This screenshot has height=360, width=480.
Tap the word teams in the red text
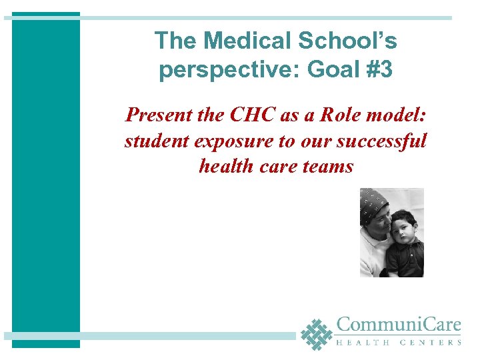point(327,165)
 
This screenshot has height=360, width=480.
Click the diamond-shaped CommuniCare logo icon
point(316,333)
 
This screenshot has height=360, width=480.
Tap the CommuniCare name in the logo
point(399,326)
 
